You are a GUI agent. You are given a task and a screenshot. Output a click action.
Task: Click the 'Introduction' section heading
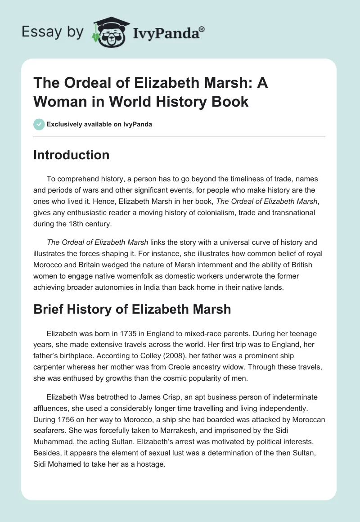[x=72, y=155]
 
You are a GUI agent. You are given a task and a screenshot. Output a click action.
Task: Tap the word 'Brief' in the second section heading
[x=49, y=310]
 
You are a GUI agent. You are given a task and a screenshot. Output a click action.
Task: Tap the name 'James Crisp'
[x=146, y=397]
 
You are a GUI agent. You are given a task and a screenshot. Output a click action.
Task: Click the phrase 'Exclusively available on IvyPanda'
[x=99, y=124]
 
